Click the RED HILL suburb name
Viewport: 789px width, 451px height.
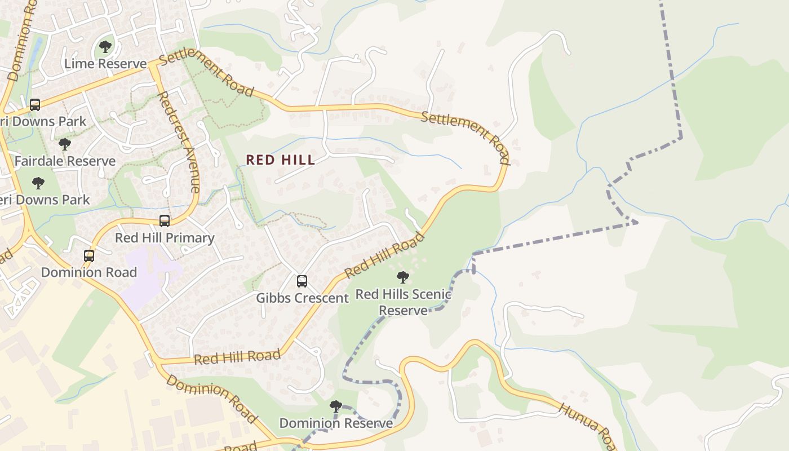pos(280,160)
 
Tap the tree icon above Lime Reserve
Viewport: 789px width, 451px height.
pos(105,46)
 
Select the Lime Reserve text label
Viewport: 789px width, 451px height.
pos(105,64)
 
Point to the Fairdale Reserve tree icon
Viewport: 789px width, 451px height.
pos(65,144)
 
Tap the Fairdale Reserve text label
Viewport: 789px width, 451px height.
pos(65,161)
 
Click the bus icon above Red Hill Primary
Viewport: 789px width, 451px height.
pos(165,221)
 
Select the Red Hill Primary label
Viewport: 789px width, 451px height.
pos(165,238)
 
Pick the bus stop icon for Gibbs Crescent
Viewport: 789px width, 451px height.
pos(302,281)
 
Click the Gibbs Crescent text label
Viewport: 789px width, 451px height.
pos(302,298)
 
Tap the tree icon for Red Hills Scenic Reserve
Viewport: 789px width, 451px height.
pos(402,277)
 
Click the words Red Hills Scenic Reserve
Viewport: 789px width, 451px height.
pos(403,302)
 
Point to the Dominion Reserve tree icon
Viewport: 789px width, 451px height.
pos(336,406)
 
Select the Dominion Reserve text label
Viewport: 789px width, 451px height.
pos(336,423)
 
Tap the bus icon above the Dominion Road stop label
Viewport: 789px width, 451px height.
pos(89,255)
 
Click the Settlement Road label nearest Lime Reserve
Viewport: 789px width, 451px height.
pos(206,76)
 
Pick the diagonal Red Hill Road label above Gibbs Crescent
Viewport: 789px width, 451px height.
pos(384,255)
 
